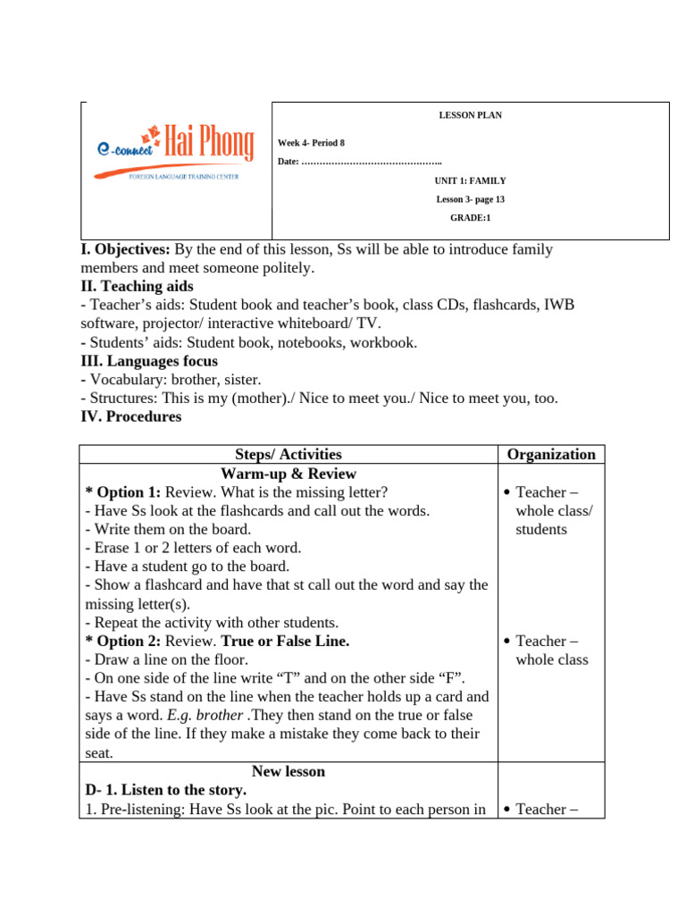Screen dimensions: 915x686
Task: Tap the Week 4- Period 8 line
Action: pyautogui.click(x=311, y=143)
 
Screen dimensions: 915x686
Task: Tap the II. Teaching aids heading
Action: pyautogui.click(x=136, y=287)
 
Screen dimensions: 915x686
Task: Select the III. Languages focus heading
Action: pyautogui.click(x=148, y=361)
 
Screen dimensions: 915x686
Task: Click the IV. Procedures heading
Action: pyautogui.click(x=130, y=416)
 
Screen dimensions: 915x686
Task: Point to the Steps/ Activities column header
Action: pyautogui.click(x=288, y=454)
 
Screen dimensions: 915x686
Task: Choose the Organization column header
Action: pyautogui.click(x=551, y=454)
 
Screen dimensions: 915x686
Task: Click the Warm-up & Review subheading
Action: pyautogui.click(x=288, y=474)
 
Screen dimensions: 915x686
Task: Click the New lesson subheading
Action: pyautogui.click(x=288, y=771)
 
